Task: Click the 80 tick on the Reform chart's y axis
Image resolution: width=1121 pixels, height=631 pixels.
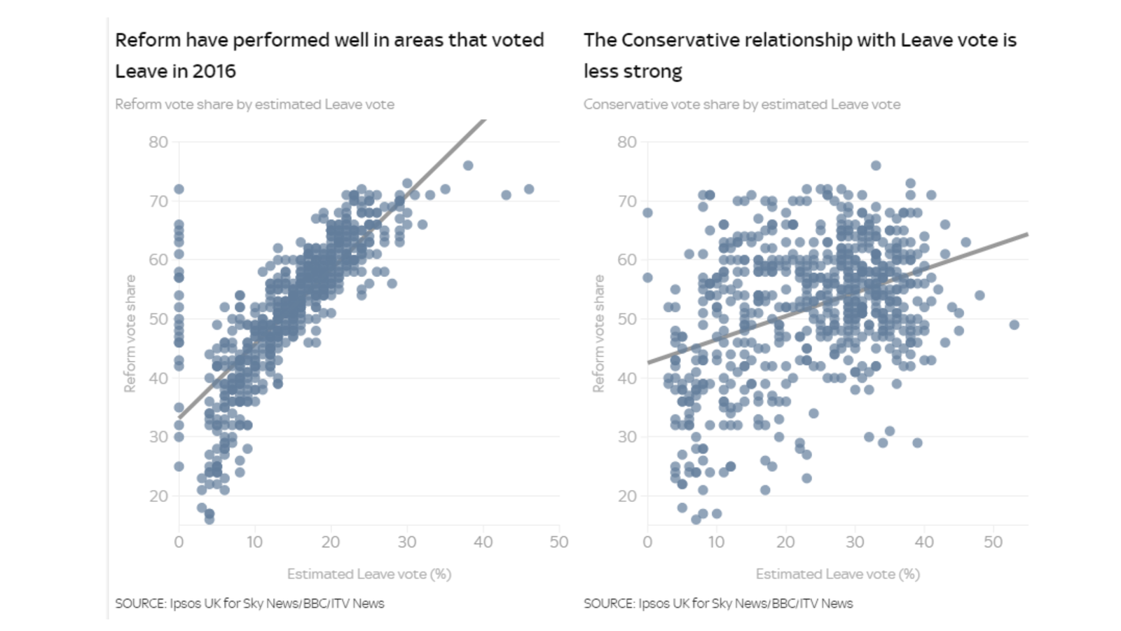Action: click(x=158, y=142)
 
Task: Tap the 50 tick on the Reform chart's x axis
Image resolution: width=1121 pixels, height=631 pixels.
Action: click(x=558, y=542)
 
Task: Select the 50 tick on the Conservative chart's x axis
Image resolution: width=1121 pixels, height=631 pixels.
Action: click(x=993, y=542)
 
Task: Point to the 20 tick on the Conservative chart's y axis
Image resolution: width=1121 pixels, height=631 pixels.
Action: click(x=626, y=496)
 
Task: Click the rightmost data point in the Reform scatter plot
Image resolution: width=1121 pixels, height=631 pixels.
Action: click(x=529, y=189)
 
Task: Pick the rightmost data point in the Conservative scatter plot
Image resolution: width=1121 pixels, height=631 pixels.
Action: click(x=1014, y=325)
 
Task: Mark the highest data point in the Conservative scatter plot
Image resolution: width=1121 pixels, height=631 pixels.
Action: click(x=876, y=165)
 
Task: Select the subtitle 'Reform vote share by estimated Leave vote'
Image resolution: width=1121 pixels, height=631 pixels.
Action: click(x=254, y=104)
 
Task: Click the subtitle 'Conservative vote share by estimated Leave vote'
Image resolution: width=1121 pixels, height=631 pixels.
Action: click(x=741, y=104)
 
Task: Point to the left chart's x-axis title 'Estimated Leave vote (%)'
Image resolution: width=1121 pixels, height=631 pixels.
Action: click(x=369, y=574)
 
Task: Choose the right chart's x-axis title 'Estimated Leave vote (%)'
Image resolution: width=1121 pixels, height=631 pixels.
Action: click(x=837, y=574)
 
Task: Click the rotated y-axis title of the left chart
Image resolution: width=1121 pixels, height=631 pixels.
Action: click(x=130, y=334)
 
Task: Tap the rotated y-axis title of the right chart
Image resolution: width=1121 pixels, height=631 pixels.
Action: click(x=598, y=334)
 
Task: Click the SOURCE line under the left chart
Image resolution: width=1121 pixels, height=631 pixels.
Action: click(x=249, y=604)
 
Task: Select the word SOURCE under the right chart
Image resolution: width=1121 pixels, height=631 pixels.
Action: click(x=608, y=604)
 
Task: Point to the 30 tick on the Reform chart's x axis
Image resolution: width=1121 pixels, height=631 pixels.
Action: click(x=407, y=542)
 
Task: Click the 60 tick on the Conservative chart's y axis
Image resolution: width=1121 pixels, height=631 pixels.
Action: click(x=626, y=260)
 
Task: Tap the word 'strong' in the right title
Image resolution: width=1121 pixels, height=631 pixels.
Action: click(x=656, y=72)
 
